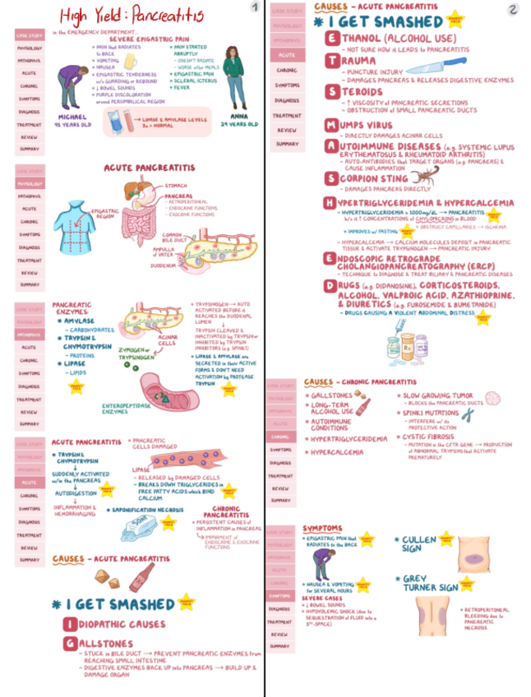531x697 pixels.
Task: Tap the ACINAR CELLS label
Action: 168,339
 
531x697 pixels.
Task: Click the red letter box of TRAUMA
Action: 330,61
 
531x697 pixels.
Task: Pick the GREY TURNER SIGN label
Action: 431,584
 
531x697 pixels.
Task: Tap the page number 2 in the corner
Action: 513,9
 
